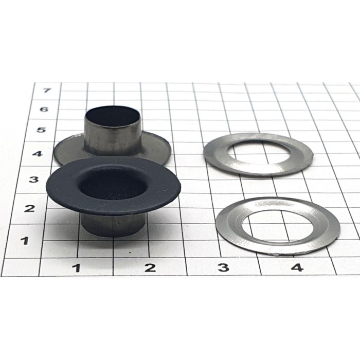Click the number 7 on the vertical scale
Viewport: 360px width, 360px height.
click(46, 90)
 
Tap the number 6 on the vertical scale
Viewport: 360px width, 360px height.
click(44, 109)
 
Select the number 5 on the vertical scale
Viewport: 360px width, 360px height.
click(41, 130)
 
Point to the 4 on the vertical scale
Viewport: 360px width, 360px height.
click(38, 154)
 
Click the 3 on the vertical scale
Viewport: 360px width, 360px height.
click(34, 179)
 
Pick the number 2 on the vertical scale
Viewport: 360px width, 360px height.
click(29, 208)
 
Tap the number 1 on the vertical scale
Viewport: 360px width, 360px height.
click(25, 240)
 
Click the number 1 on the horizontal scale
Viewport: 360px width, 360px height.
click(77, 268)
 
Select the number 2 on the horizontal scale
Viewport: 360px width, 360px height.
click(150, 268)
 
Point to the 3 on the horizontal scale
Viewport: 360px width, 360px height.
click(223, 267)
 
